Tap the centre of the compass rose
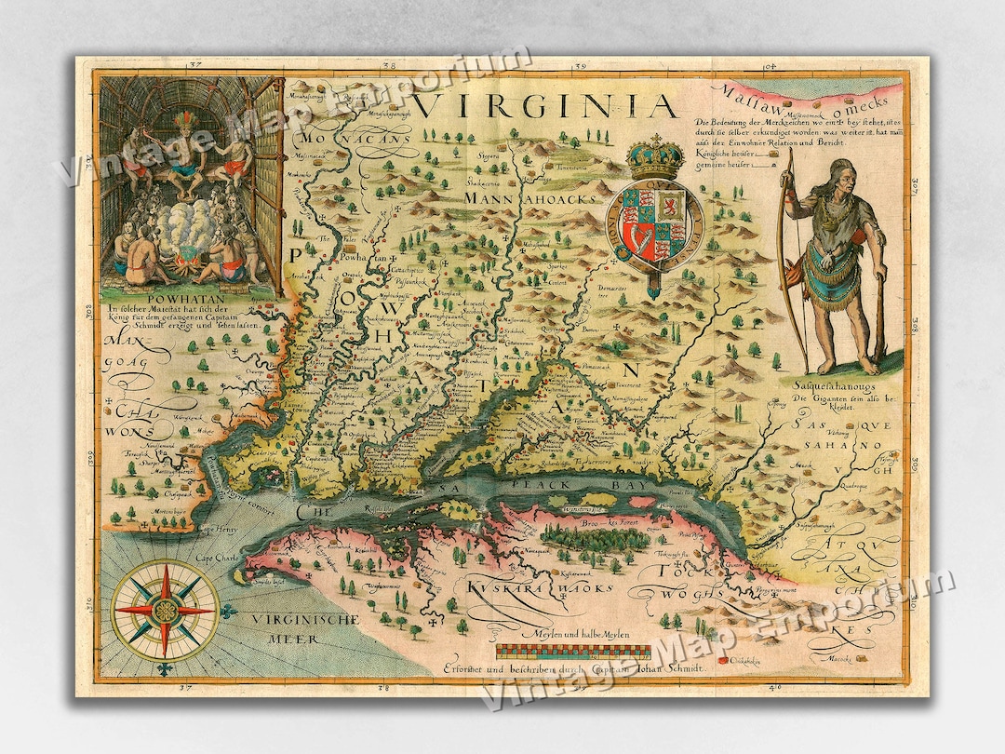point(165,611)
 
